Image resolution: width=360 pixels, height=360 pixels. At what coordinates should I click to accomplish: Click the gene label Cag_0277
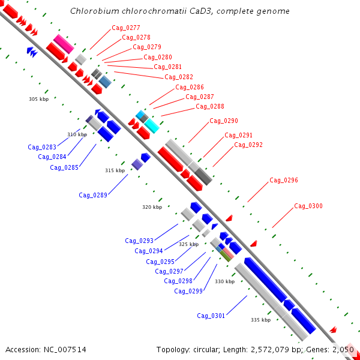click(126, 28)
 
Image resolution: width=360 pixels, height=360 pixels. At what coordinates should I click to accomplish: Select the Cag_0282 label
click(179, 77)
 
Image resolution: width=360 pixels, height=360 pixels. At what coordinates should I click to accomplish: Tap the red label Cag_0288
click(210, 107)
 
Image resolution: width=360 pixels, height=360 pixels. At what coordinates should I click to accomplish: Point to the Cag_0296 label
click(284, 181)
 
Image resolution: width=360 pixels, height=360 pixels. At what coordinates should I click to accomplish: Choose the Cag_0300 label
click(308, 206)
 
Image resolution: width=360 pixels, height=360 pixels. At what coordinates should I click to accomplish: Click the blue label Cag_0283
click(42, 147)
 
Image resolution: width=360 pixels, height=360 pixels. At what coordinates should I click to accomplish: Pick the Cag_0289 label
click(93, 196)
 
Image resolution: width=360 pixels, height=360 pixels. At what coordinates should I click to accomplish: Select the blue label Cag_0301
click(211, 316)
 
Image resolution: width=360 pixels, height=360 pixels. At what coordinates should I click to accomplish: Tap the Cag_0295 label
click(160, 262)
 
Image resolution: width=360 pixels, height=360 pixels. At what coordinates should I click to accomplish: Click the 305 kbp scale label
click(39, 99)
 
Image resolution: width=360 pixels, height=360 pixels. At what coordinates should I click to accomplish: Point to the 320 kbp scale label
click(152, 207)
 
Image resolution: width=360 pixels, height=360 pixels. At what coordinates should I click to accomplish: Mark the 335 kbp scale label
click(261, 320)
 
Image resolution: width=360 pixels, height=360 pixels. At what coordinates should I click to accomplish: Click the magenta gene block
click(64, 44)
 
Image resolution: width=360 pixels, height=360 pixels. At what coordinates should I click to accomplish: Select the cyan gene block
click(152, 126)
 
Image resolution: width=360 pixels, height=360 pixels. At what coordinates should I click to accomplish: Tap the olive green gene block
click(226, 256)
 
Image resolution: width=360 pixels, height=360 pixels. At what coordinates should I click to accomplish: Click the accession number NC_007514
click(65, 350)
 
